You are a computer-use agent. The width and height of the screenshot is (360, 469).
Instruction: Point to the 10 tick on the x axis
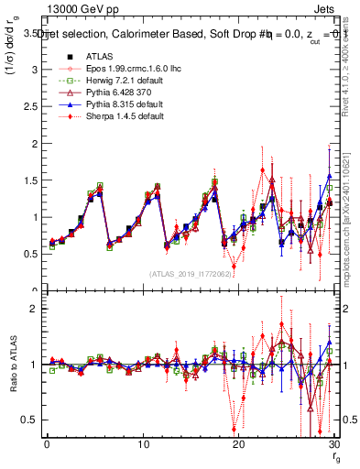click(142, 445)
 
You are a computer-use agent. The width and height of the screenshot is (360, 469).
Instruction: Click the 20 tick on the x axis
click(238, 445)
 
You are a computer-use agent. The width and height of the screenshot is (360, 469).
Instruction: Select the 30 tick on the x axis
click(333, 445)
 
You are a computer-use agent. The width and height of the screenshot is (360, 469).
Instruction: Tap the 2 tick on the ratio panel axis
click(38, 309)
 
